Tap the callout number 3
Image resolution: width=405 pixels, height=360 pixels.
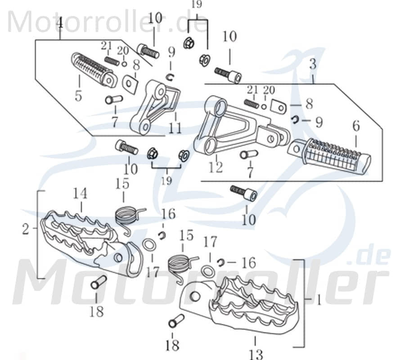313,64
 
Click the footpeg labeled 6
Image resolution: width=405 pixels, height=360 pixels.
331,155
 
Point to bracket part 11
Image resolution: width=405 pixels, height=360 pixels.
155,106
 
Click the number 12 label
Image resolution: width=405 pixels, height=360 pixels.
216,168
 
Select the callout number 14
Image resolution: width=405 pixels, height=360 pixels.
81,194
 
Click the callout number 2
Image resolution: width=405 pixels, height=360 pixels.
26,229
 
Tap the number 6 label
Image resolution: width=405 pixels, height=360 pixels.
356,126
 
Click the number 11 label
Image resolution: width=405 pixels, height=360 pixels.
175,128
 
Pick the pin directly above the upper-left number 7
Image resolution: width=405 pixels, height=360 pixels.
114,99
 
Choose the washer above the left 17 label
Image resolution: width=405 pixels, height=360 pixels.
149,245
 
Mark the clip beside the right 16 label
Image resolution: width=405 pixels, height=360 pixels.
221,262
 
